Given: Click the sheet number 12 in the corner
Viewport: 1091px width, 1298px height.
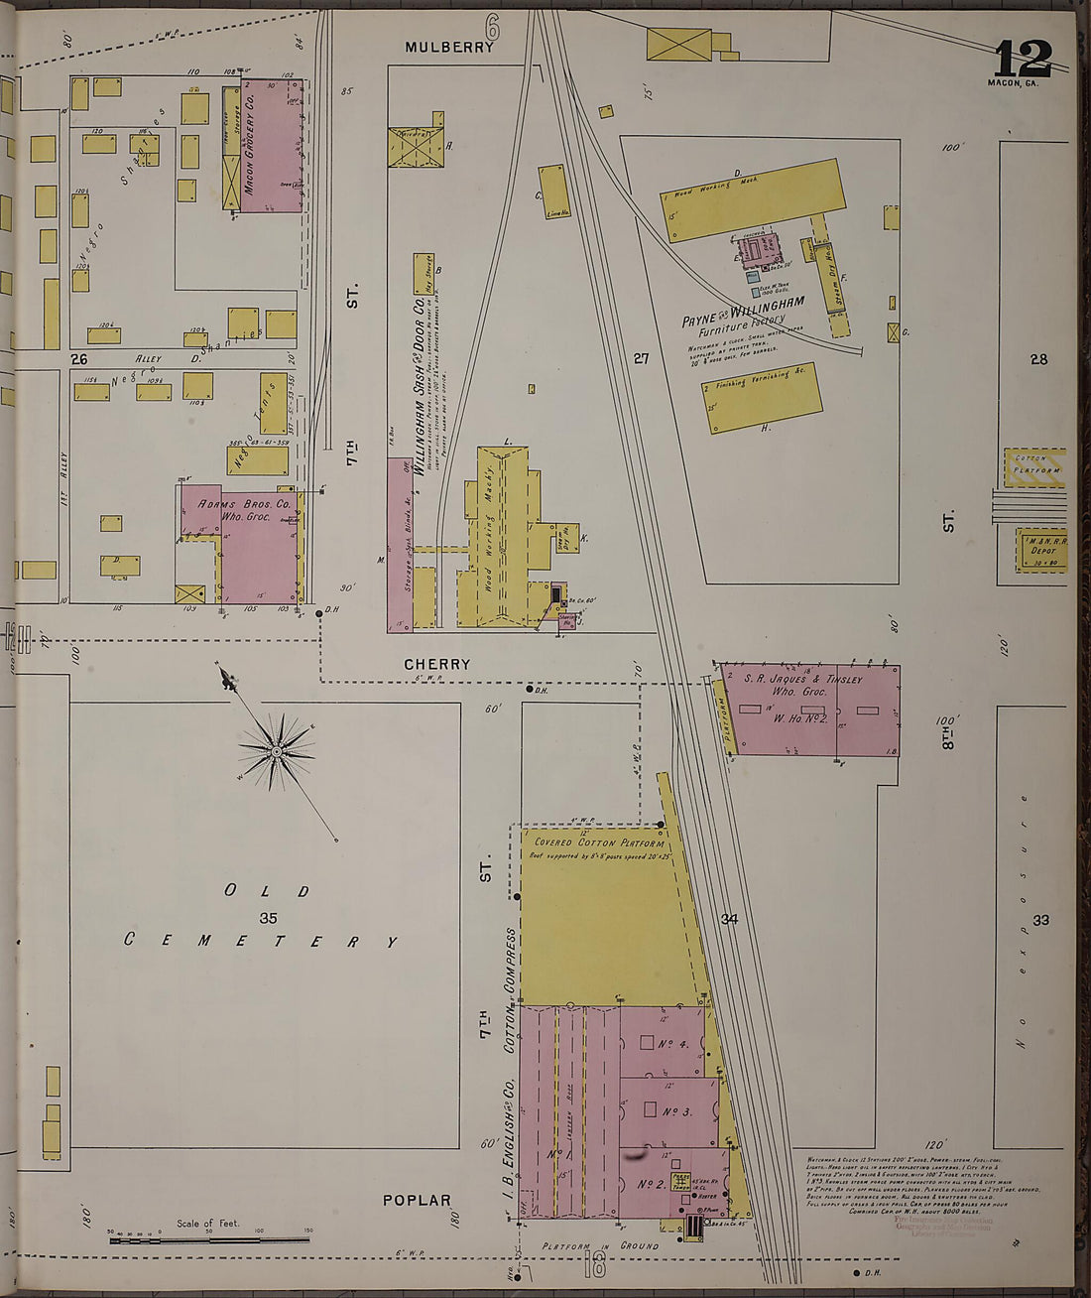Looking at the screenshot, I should point(1023,61).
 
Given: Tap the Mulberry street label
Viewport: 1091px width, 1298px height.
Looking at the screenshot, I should point(449,47).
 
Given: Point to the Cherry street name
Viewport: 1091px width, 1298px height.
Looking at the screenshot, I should point(436,664).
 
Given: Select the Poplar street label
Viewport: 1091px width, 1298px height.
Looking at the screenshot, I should point(417,1200).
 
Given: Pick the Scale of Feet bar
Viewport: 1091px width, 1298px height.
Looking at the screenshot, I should point(209,1239).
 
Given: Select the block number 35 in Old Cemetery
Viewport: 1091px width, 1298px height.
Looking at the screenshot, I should point(268,918).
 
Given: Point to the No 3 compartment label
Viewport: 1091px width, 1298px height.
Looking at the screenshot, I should point(672,1112).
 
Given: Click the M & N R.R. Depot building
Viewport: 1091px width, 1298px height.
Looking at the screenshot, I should point(1040,550).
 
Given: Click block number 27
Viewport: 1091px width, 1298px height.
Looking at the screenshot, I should point(641,358).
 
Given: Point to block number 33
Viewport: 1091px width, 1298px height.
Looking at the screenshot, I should point(1040,920).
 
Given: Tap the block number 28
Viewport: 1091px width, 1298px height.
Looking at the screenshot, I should point(1038,359).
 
